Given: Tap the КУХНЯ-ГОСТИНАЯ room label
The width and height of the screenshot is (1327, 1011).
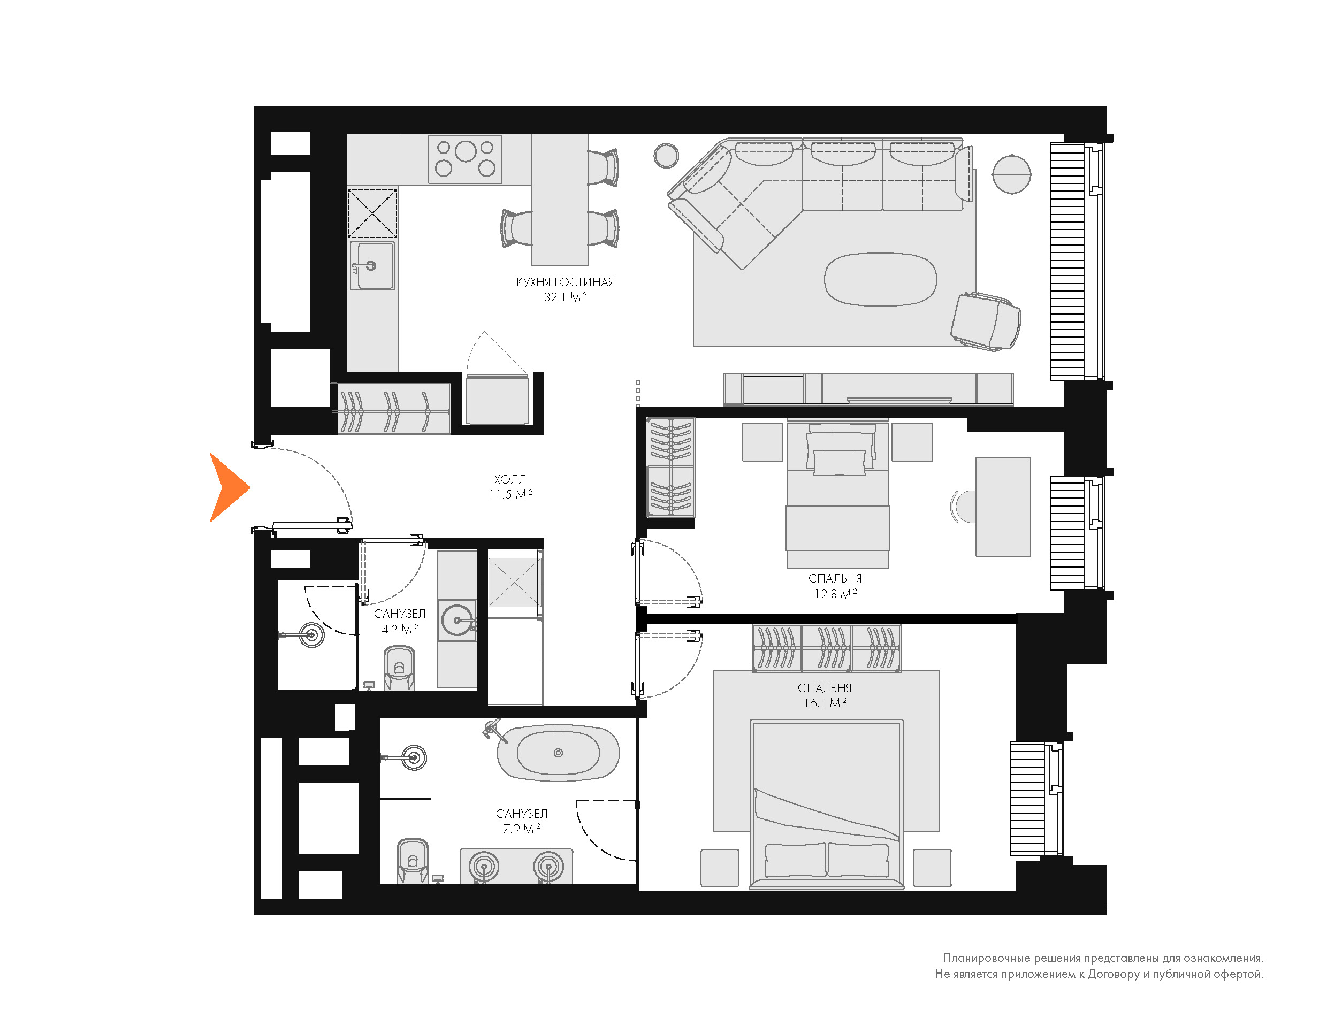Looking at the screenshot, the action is (x=565, y=281).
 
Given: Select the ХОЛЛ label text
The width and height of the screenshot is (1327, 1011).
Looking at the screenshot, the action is (x=510, y=479).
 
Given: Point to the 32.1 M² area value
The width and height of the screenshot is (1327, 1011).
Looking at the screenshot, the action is (x=565, y=297).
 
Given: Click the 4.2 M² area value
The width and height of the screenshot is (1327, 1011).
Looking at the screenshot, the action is (x=400, y=629).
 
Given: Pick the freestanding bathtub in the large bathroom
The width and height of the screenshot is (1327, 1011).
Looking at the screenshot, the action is (x=558, y=752).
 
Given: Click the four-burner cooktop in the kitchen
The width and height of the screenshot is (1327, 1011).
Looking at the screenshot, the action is (x=464, y=159).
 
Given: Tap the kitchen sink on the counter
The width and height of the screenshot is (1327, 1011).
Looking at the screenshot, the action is (x=372, y=265).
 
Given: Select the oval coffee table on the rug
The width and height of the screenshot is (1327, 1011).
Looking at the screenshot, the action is (x=880, y=279).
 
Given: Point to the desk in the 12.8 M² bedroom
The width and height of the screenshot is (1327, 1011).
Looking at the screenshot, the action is (x=1003, y=507).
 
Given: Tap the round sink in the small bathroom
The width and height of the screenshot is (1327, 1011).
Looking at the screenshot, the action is (x=457, y=620).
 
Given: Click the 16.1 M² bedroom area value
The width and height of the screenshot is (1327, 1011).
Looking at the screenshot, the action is (x=825, y=703).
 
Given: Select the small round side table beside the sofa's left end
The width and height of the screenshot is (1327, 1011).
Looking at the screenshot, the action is (x=666, y=156).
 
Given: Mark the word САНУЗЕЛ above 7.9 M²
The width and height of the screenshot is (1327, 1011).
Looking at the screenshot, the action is (x=522, y=814).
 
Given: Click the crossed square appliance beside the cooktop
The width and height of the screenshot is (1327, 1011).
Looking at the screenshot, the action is (x=372, y=213).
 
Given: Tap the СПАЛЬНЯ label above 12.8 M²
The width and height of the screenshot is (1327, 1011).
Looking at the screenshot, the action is (x=835, y=578).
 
